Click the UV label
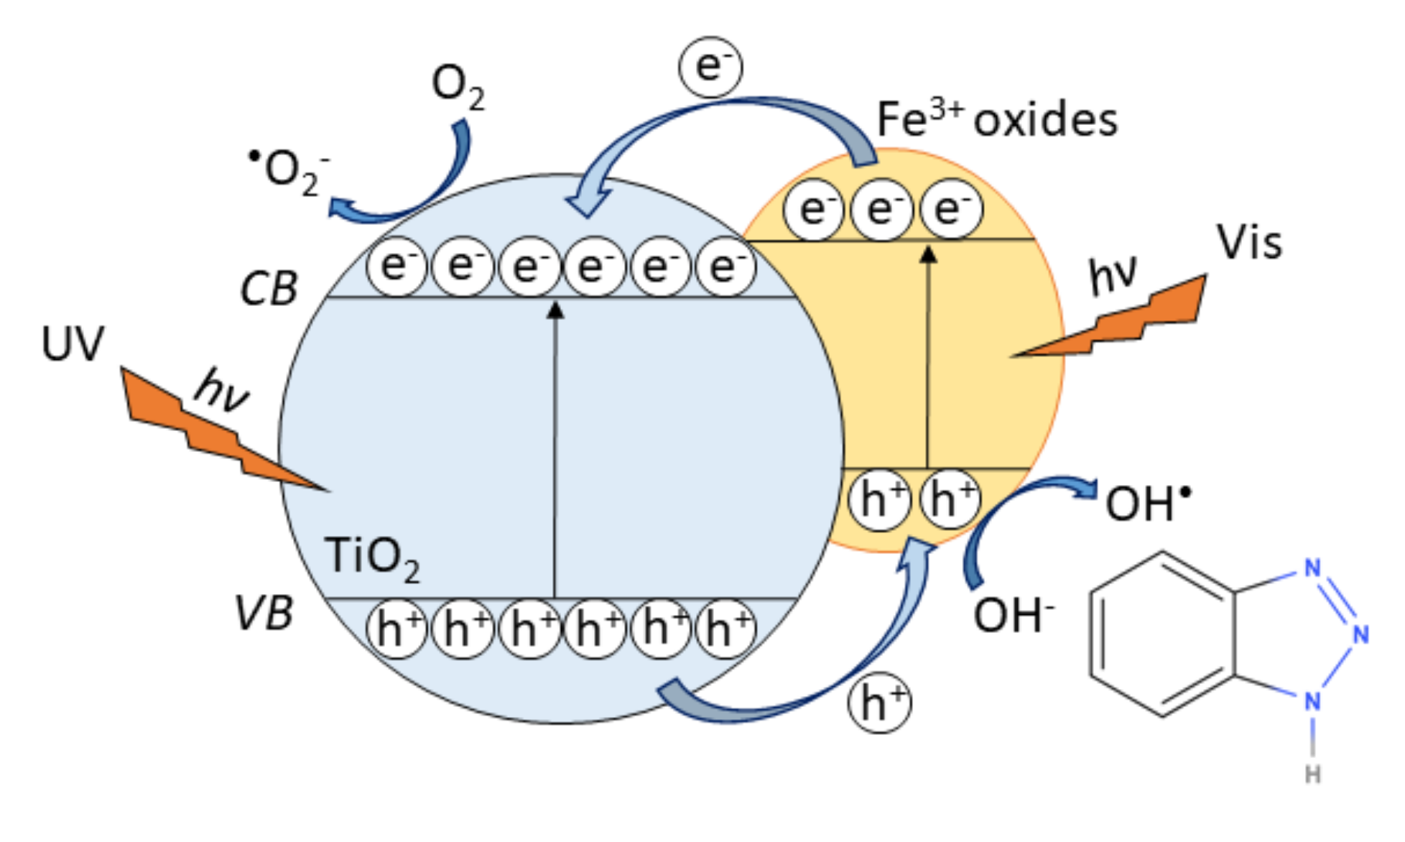tap(73, 344)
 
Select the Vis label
tap(1248, 243)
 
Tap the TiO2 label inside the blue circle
tap(371, 558)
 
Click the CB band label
tap(268, 289)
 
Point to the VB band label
tap(264, 614)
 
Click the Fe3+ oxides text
tap(997, 119)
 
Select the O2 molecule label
tap(458, 86)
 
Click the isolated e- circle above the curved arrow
tap(710, 67)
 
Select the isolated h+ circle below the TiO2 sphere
tap(879, 702)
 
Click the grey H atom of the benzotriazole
tap(1313, 774)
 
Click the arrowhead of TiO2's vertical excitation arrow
tap(555, 310)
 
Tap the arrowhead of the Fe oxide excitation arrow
tap(929, 254)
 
